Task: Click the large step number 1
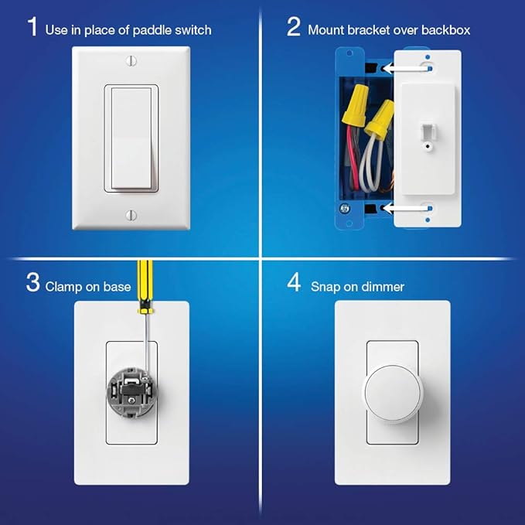point(32,26)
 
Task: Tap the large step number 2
point(294,26)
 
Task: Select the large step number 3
point(32,283)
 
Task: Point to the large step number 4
point(294,283)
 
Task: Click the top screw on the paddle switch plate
point(131,61)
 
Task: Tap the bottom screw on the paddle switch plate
point(131,215)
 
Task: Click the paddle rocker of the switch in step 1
point(131,138)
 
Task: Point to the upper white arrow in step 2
point(405,69)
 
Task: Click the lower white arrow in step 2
point(405,208)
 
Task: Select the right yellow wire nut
point(380,119)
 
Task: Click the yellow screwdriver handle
point(145,287)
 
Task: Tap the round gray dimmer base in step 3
point(131,392)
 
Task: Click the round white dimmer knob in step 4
point(393,394)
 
